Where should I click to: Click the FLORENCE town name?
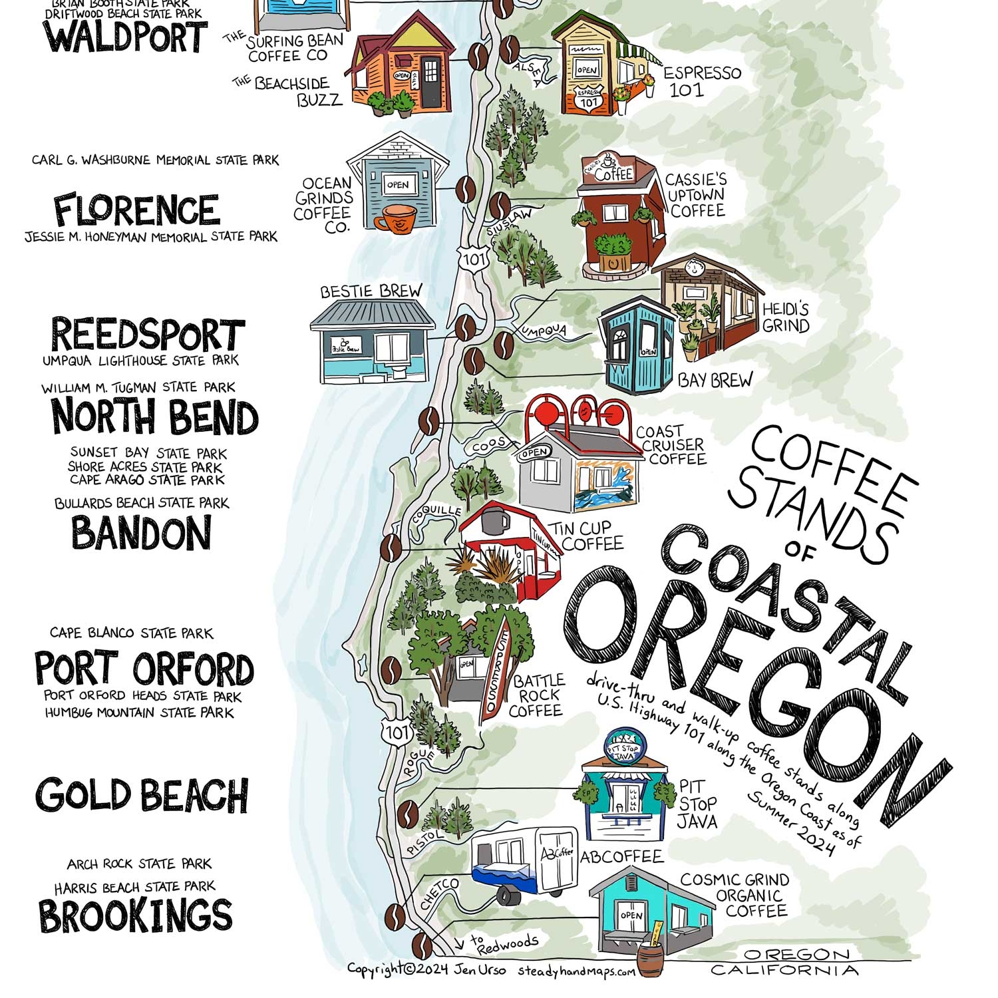point(136,210)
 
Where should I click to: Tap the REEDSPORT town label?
point(148,335)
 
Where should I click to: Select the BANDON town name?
point(141,534)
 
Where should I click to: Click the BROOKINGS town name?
point(136,915)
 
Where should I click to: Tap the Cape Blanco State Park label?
point(131,633)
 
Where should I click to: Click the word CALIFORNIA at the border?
point(784,970)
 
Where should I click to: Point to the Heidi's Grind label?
point(786,317)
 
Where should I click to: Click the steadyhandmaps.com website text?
point(577,971)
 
